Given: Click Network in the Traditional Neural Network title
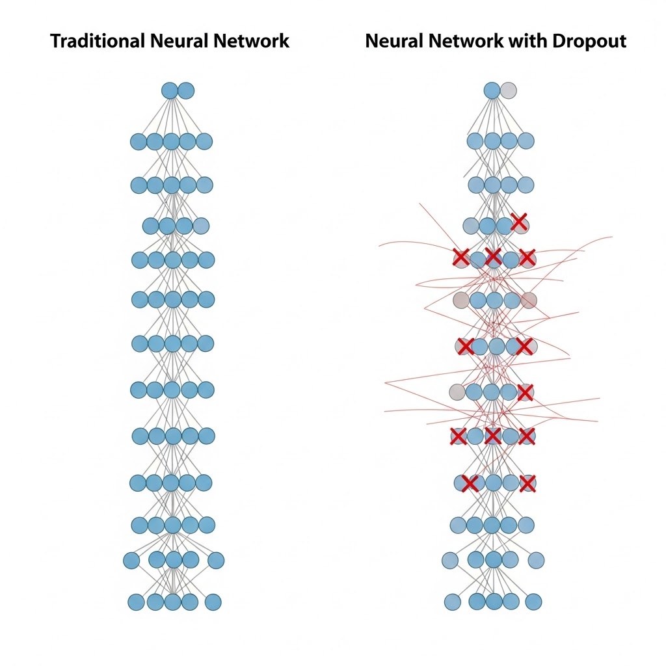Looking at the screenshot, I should pyautogui.click(x=252, y=42).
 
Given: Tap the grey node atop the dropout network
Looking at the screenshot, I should pyautogui.click(x=509, y=90).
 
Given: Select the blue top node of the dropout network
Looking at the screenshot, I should pyautogui.click(x=492, y=90).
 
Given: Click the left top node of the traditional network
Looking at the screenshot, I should pyautogui.click(x=170, y=90).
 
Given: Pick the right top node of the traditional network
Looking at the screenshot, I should pyautogui.click(x=186, y=90).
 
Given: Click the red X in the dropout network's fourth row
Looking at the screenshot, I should pyautogui.click(x=519, y=222).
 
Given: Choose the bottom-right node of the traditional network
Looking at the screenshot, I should pyautogui.click(x=213, y=602).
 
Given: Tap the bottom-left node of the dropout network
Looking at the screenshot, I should pyautogui.click(x=453, y=602).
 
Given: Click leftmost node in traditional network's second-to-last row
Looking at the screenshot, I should pyautogui.click(x=132, y=560).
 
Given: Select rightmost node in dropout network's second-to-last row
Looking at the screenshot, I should pyautogui.click(x=536, y=560).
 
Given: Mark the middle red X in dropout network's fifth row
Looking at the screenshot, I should pyautogui.click(x=493, y=256).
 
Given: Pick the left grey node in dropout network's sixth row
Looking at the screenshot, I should pyautogui.click(x=460, y=300).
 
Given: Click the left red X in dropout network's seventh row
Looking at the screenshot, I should pyautogui.click(x=465, y=346).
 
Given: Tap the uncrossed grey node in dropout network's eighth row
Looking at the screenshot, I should pyautogui.click(x=457, y=392).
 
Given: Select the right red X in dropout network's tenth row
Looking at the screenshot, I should pyautogui.click(x=527, y=483).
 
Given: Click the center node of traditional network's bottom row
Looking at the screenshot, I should pyautogui.click(x=172, y=602).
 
